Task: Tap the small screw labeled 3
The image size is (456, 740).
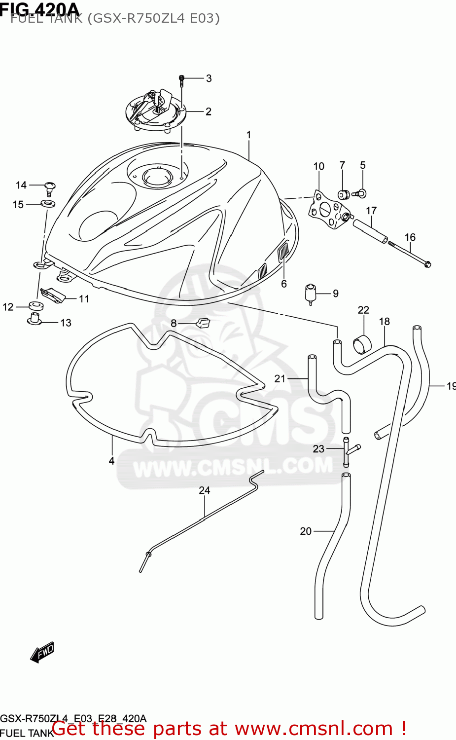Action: (x=181, y=80)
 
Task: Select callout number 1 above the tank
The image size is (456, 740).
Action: (x=249, y=135)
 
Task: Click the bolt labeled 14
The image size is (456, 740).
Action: (x=49, y=187)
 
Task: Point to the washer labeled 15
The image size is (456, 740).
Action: (x=48, y=203)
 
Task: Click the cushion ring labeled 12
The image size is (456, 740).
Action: (x=35, y=306)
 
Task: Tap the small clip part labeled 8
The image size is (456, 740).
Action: (x=203, y=323)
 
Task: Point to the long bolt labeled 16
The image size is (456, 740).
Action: (x=409, y=254)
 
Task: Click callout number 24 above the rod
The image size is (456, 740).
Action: (x=205, y=490)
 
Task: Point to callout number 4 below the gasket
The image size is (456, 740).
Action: (x=112, y=461)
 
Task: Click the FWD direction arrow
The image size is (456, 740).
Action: (x=42, y=652)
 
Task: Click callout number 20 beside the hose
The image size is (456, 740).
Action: (x=306, y=531)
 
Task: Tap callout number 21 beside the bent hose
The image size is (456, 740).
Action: (x=280, y=378)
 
